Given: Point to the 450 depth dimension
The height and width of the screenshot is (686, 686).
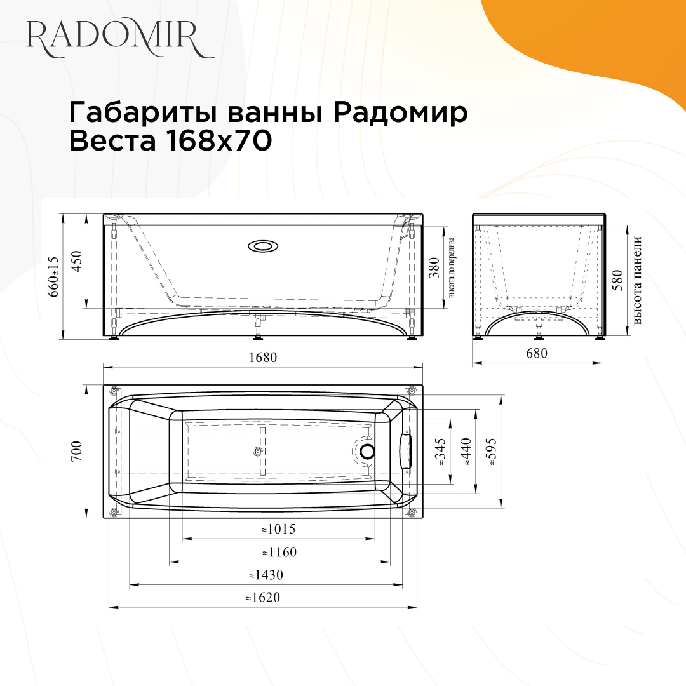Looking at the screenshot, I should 77,261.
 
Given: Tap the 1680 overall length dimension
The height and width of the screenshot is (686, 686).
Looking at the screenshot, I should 263,358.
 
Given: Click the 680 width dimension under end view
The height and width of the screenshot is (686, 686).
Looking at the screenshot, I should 537,354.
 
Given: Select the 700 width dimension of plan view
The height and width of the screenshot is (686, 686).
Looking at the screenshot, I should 77,451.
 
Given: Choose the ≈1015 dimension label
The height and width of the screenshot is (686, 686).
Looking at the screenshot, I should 278,529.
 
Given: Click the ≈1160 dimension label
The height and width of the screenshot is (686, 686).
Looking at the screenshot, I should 279,552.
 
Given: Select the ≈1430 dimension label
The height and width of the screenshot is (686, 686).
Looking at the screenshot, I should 266,575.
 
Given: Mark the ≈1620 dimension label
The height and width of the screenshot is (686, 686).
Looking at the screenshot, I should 262,598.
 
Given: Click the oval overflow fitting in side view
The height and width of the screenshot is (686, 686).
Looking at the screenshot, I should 261,246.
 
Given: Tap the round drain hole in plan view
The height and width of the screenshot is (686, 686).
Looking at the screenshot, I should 367,452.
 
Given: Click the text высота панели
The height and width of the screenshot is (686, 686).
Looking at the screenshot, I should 638,280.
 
